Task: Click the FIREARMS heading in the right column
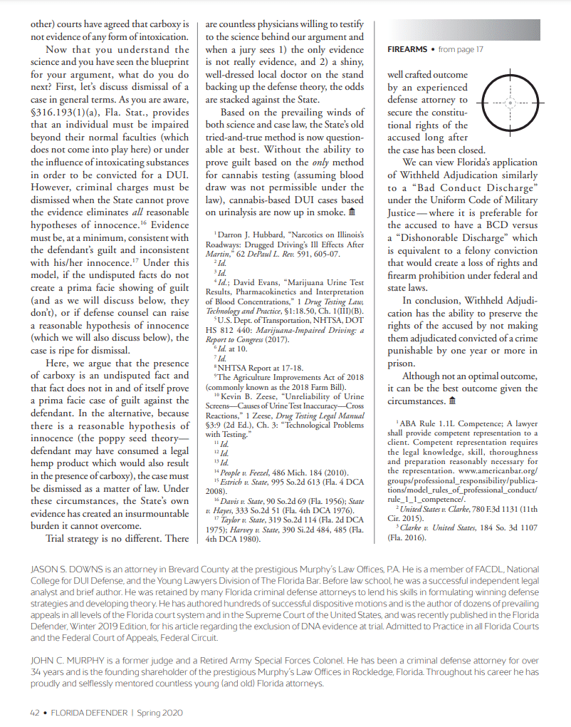pyautogui.click(x=407, y=49)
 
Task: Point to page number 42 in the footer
pyautogui.click(x=34, y=712)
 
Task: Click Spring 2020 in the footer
pyautogui.click(x=162, y=712)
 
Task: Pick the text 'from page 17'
pyautogui.click(x=461, y=49)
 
